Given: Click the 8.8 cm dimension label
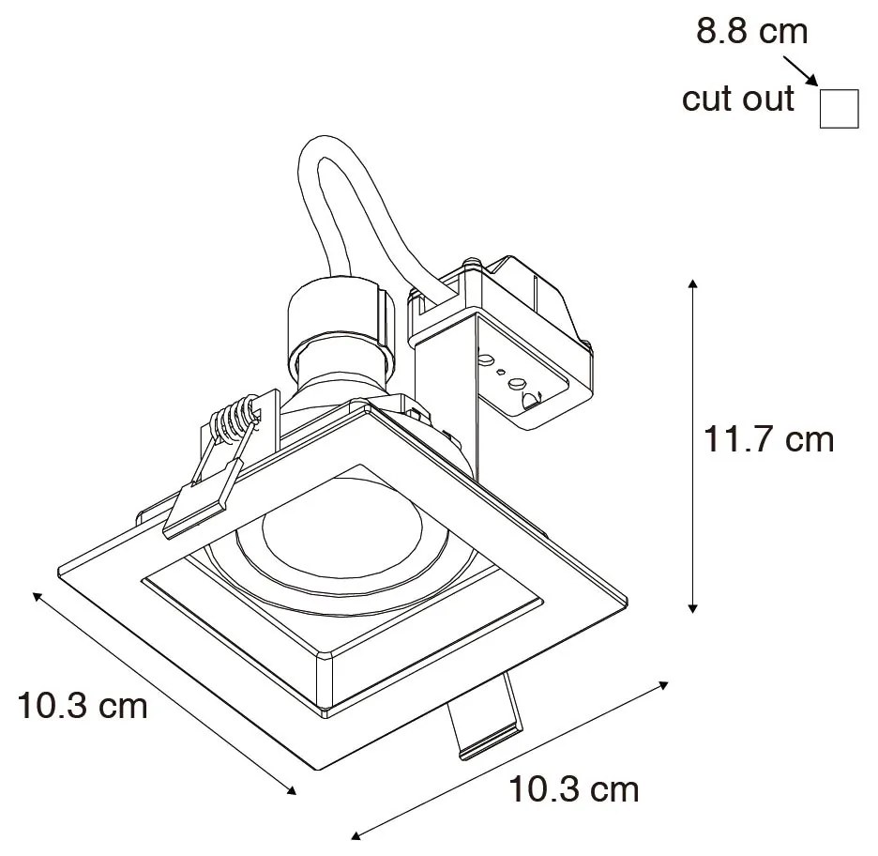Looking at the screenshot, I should tap(750, 31).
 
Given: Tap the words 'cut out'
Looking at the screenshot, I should tap(738, 99).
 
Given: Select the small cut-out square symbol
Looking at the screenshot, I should tap(840, 108).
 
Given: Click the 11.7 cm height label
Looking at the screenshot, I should tap(768, 438).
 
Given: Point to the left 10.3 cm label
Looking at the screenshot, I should tap(83, 705).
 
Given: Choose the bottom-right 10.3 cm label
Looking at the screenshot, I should tap(573, 789).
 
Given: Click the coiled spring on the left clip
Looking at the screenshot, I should tap(233, 420).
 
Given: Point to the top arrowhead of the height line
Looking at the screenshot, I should tap(693, 283).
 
